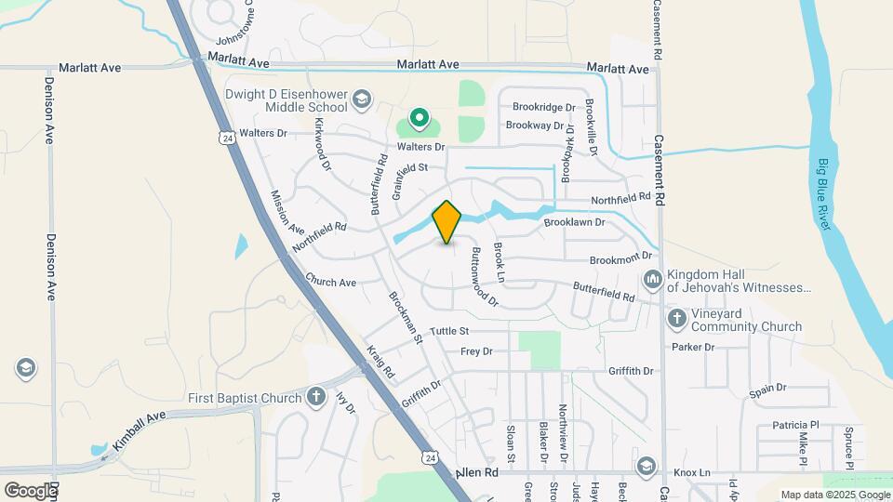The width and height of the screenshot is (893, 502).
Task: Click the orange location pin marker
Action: coord(447,222)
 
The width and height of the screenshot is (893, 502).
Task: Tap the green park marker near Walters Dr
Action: coord(420,118)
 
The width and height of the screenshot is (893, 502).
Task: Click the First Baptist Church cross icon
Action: coord(316,398)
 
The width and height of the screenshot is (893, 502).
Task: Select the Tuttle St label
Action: coord(449,331)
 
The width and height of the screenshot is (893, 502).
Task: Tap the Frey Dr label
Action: coord(476,351)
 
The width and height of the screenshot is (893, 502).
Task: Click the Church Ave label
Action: coord(331,282)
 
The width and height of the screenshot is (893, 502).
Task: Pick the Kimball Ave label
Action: coord(139,427)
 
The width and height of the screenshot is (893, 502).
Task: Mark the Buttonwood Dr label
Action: coord(484,277)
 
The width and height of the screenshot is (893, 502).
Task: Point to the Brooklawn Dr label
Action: coord(574,223)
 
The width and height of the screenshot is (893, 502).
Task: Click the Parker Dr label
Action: coord(693,347)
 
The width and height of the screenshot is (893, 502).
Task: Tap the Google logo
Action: coord(30,491)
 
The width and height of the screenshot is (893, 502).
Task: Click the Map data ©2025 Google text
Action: coord(835,495)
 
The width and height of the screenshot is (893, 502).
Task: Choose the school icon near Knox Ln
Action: coord(646,465)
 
